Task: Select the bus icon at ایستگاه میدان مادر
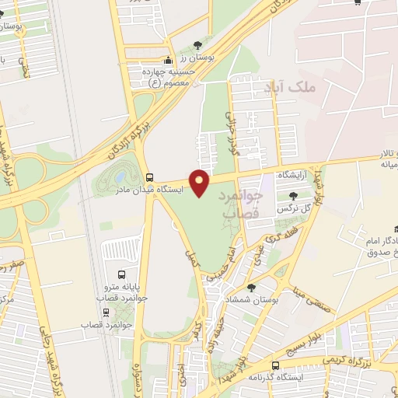[x=149, y=176]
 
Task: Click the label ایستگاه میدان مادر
[x=148, y=189]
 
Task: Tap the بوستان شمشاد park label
[x=257, y=299]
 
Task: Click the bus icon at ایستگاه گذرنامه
[x=276, y=365]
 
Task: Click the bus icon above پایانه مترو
[x=121, y=274]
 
